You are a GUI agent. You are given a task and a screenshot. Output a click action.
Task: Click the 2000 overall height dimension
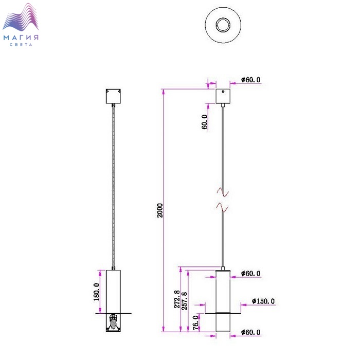(160, 210)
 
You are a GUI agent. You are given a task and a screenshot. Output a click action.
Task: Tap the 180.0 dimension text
(97, 292)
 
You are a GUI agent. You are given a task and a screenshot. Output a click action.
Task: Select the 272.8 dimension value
(177, 299)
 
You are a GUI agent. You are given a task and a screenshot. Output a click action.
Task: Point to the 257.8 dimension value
(184, 301)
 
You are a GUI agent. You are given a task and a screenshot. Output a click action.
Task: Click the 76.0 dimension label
(195, 322)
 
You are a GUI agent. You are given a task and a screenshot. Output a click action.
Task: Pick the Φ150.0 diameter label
(263, 301)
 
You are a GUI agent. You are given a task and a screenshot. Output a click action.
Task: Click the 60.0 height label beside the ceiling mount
(205, 122)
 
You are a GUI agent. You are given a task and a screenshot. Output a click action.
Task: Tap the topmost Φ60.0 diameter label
(250, 80)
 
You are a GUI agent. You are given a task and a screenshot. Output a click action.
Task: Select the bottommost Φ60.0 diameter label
(250, 332)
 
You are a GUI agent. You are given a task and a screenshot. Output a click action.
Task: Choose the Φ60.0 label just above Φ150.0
(250, 273)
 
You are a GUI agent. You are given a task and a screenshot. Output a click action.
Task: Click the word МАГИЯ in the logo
(21, 38)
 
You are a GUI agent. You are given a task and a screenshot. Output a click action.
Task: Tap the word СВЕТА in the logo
(21, 45)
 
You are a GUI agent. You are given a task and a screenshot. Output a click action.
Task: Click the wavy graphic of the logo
(21, 17)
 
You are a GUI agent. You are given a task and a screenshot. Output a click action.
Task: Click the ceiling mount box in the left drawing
(114, 96)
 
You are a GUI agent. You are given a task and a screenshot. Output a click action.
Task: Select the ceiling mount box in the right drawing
(223, 96)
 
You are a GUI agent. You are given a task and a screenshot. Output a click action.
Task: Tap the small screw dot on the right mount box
(223, 92)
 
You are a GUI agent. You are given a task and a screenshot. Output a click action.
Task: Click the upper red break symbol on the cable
(223, 192)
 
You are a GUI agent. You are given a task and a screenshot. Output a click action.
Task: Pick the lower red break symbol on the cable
(223, 207)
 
